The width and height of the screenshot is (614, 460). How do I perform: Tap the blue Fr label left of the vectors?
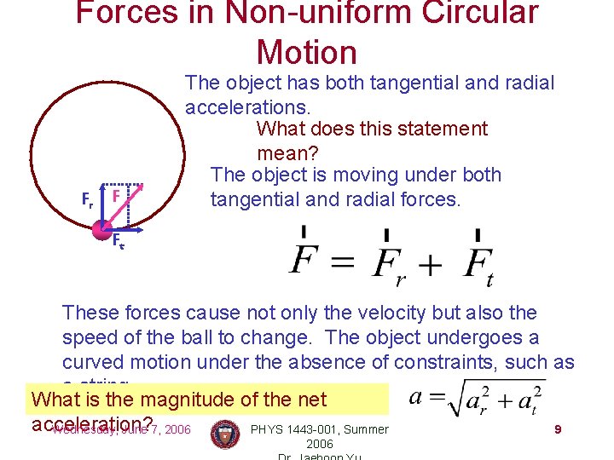87,201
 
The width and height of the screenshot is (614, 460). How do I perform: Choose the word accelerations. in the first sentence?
248,106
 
